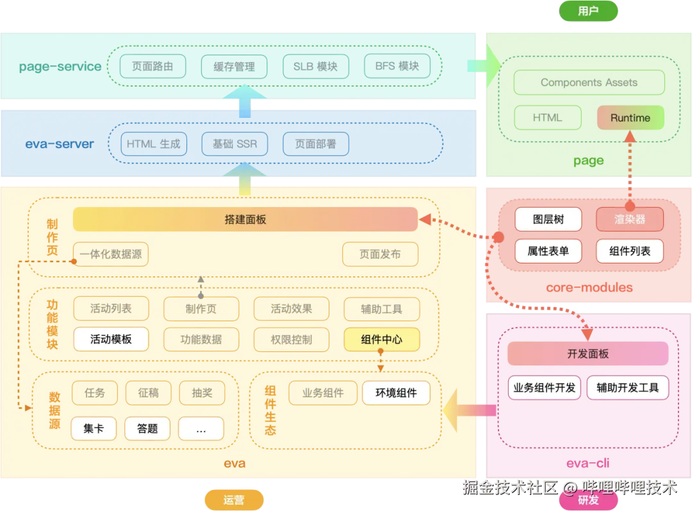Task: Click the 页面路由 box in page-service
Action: (152, 66)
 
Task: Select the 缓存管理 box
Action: (234, 66)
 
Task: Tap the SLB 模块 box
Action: (315, 66)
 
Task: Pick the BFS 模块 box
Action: (397, 66)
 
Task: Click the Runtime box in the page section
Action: (630, 118)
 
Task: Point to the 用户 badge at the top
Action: (588, 11)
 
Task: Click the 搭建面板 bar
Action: (245, 219)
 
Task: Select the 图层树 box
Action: (548, 219)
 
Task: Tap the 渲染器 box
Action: (630, 219)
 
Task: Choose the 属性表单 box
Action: (548, 251)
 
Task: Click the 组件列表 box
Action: (630, 251)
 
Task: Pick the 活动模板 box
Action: (111, 339)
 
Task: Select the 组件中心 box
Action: (381, 339)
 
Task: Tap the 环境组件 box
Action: (396, 393)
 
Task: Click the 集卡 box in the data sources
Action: (94, 428)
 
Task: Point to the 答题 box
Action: (147, 428)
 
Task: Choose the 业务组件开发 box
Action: (545, 387)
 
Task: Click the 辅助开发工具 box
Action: (627, 387)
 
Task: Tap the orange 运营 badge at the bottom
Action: (234, 500)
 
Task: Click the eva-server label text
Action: (60, 144)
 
